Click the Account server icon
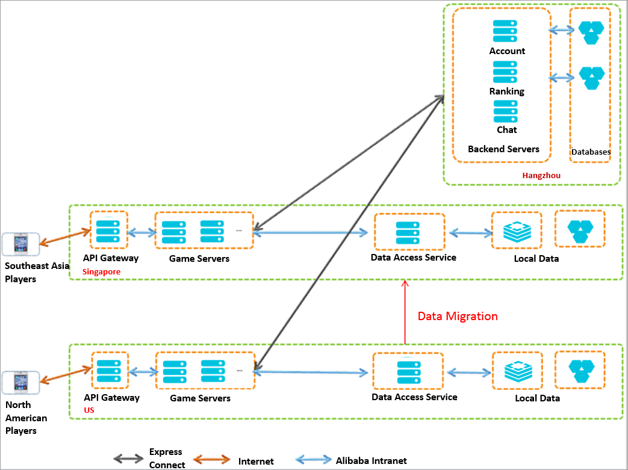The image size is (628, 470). [x=505, y=31]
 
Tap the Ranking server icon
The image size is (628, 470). [x=505, y=72]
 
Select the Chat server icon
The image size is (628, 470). [x=505, y=111]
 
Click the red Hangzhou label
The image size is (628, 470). [x=541, y=175]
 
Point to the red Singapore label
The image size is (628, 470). [x=101, y=272]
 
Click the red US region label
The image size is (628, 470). [x=89, y=410]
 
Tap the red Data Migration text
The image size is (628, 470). [x=458, y=317]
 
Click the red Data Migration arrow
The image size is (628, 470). [x=405, y=312]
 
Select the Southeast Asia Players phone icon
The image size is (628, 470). [x=21, y=244]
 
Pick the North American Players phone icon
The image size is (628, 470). [x=21, y=382]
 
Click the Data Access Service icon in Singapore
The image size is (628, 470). [x=408, y=233]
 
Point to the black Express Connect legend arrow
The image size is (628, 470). [x=128, y=459]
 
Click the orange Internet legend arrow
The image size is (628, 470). [x=211, y=460]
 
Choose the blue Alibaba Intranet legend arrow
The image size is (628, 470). [x=313, y=460]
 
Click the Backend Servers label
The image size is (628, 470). [x=503, y=149]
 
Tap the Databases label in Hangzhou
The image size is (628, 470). [x=591, y=152]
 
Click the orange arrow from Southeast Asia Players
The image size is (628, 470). [x=65, y=236]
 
